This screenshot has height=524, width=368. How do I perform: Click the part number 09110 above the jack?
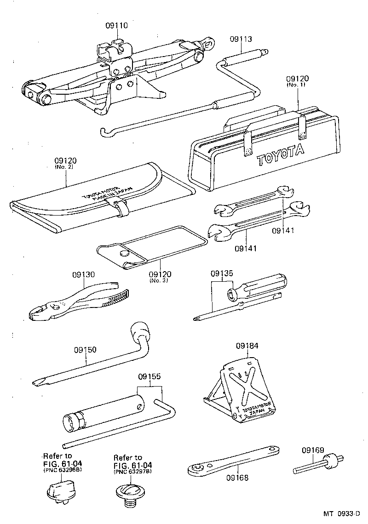[115, 26]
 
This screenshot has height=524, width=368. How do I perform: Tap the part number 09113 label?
[241, 40]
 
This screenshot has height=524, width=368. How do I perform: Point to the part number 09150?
[85, 350]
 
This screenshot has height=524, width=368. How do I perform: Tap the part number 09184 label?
[247, 346]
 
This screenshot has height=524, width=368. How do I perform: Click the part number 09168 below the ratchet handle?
[237, 478]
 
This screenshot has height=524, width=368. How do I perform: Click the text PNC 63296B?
[63, 471]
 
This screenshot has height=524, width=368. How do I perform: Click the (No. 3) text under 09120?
[161, 281]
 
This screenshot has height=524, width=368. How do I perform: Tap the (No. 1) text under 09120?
[298, 85]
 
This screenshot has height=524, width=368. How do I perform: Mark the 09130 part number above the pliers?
[83, 275]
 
